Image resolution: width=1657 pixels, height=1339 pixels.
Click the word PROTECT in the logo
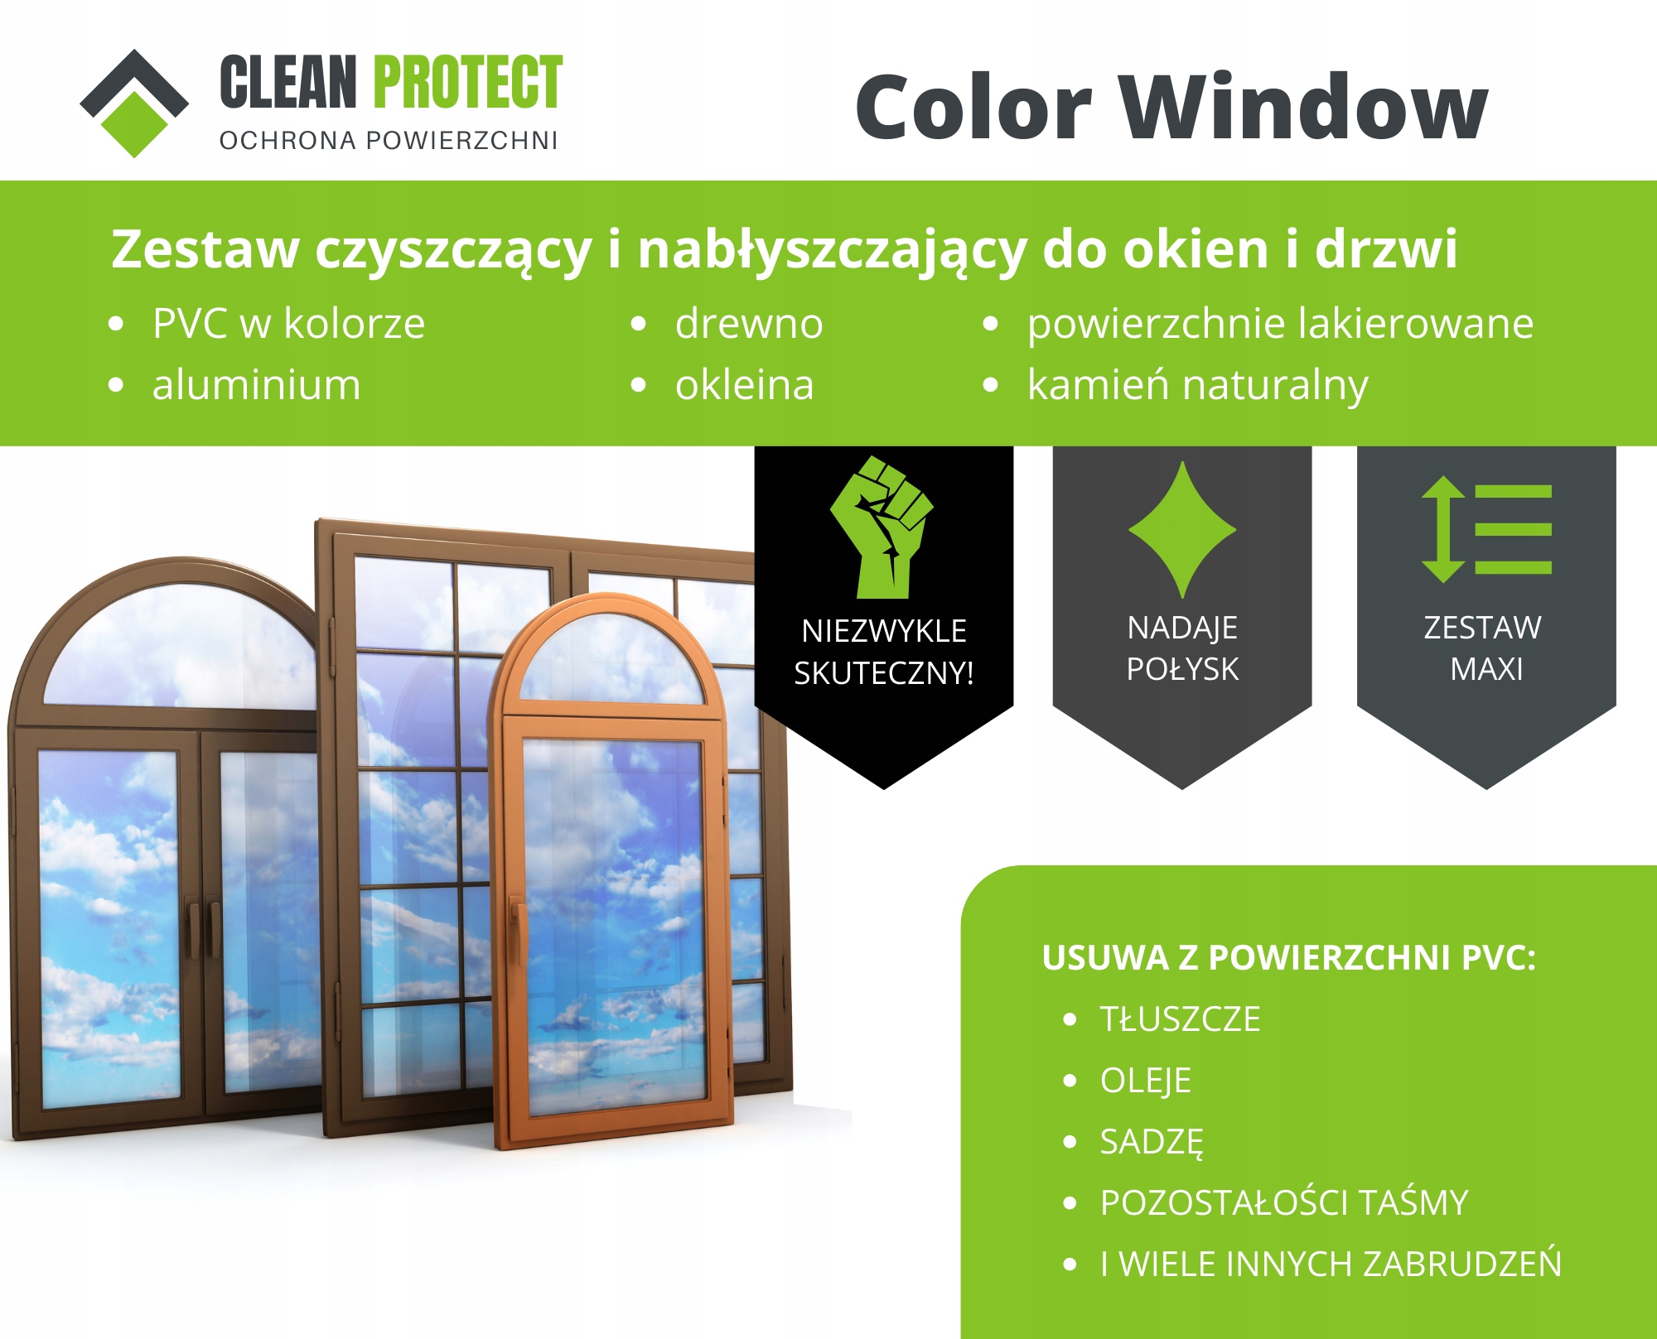tap(468, 82)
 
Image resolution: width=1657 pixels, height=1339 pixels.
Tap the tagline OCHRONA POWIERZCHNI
tap(389, 141)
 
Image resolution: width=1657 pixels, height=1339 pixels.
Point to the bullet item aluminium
tap(256, 385)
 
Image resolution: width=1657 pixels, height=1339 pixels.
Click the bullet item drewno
tap(749, 323)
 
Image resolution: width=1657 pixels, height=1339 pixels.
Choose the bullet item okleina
tap(744, 385)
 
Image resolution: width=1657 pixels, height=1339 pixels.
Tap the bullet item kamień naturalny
tap(1197, 386)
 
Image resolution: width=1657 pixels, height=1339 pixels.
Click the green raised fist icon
tap(882, 527)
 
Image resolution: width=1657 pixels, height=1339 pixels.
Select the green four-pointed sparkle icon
tap(1182, 529)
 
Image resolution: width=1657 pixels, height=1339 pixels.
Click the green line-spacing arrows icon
tap(1486, 529)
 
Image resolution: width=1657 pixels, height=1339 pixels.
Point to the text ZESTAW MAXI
tap(1484, 648)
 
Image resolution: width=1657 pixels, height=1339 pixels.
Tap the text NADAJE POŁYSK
tap(1182, 648)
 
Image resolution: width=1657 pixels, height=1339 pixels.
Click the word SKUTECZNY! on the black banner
tap(884, 673)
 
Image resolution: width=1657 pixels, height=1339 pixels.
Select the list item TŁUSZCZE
tap(1180, 1019)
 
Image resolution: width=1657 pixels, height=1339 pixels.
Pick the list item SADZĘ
tap(1152, 1143)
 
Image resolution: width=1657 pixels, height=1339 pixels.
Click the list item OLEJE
tap(1145, 1081)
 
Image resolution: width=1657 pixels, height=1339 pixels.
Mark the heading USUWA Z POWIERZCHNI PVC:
tap(1289, 957)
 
